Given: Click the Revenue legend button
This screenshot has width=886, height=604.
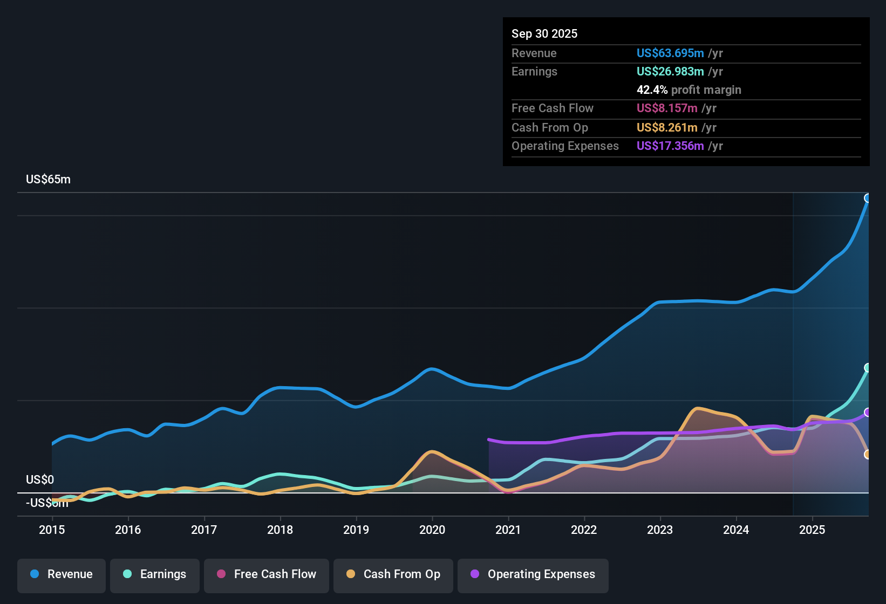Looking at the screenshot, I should tap(62, 574).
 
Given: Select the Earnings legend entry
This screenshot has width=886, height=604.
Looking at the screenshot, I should tap(155, 574).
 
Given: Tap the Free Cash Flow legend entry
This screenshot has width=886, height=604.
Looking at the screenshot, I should tap(267, 574).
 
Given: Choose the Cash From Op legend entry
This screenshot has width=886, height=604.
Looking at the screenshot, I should tap(393, 574).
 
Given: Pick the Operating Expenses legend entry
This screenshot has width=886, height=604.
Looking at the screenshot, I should tap(533, 574).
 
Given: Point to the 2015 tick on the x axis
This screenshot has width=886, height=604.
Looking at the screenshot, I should tap(52, 530).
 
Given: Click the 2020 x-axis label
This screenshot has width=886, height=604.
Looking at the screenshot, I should tap(432, 530).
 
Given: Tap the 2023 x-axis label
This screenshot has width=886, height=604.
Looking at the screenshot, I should tap(660, 530).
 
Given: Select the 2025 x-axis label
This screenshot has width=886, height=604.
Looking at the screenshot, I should tap(812, 530).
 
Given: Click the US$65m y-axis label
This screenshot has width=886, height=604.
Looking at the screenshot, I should tap(48, 180).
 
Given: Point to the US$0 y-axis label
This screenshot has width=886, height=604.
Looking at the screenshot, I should tap(40, 480).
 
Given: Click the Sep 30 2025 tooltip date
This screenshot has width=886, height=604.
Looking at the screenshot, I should tap(544, 33).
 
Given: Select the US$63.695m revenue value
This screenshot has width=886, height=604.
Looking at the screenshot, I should tap(670, 53).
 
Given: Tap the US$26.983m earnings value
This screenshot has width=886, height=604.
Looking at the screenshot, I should tap(670, 71).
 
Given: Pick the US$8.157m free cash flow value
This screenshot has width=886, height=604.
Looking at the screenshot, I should tap(667, 108).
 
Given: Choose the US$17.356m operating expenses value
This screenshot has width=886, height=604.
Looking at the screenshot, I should tap(670, 146).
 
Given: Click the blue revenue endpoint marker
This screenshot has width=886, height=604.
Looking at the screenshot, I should tap(868, 198).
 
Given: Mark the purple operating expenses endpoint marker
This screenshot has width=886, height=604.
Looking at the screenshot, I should tap(868, 413).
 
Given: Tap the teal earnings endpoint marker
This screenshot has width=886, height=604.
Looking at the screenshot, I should tap(868, 368).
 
